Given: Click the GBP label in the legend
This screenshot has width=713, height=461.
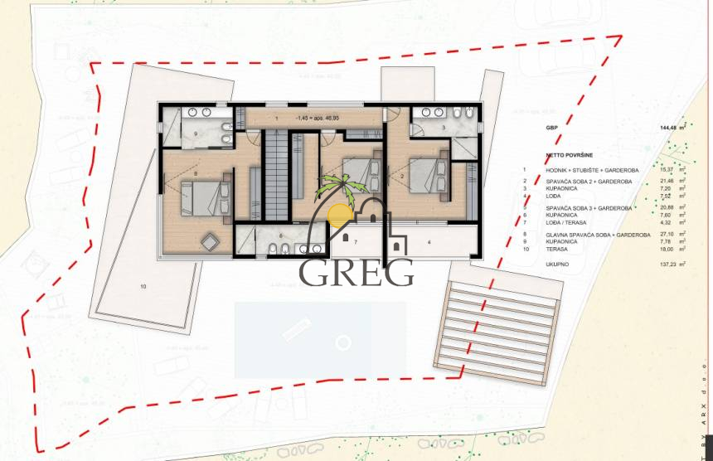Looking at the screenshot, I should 551,129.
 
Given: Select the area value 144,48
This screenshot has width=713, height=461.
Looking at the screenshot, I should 669,129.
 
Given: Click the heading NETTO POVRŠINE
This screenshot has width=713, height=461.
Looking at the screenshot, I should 570,155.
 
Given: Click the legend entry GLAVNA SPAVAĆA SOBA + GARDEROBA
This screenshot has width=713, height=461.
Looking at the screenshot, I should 597,235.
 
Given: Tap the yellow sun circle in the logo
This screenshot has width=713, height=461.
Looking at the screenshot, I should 341,216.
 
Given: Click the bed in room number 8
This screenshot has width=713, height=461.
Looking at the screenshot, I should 204,197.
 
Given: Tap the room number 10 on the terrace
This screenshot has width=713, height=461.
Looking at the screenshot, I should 143,286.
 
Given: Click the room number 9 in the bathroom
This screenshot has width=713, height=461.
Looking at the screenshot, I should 196,133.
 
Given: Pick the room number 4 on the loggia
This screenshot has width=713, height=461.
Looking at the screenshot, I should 429,242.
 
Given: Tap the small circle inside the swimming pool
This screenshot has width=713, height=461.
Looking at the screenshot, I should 342,340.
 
